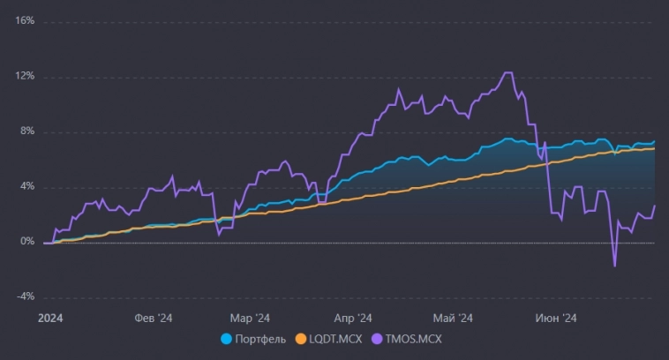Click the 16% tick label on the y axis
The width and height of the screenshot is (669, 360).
25,21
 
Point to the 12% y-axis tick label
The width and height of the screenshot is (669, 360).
25,77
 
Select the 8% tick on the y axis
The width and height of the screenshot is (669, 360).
27,131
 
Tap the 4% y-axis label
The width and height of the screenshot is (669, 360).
27,187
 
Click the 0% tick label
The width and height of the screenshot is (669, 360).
27,242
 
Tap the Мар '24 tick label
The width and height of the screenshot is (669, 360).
250,318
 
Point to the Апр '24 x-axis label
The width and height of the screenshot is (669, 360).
354,318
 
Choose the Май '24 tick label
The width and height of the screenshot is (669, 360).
455,318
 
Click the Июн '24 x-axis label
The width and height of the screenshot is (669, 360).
558,318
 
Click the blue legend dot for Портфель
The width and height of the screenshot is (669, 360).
226,338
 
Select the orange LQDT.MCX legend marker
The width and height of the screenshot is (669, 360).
300,338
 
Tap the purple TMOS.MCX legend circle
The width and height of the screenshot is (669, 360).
378,338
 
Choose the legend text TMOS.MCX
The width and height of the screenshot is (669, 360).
415,338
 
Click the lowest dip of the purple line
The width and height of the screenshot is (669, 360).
614,266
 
